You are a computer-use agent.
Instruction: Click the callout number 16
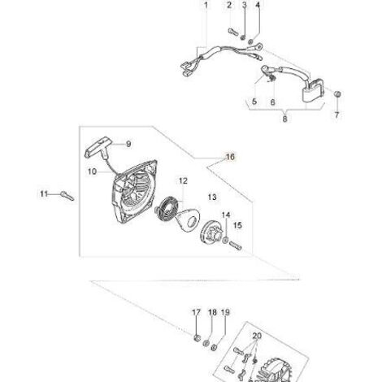(230, 157)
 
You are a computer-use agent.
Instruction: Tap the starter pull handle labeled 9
(99, 146)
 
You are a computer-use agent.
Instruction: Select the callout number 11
(44, 194)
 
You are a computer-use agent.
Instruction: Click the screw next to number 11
(67, 196)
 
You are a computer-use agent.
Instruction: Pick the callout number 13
(212, 197)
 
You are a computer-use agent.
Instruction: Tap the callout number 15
(237, 225)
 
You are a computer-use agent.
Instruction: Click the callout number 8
(284, 119)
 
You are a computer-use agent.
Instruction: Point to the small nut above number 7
(337, 94)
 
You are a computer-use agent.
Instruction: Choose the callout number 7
(336, 115)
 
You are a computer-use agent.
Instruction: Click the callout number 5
(254, 102)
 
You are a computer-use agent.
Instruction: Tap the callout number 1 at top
(206, 5)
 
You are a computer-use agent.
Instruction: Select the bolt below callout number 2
(232, 32)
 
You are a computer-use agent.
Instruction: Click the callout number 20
(257, 336)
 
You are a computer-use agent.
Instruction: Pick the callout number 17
(196, 312)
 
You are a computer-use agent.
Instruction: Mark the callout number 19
(225, 312)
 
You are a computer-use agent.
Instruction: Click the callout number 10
(92, 171)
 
